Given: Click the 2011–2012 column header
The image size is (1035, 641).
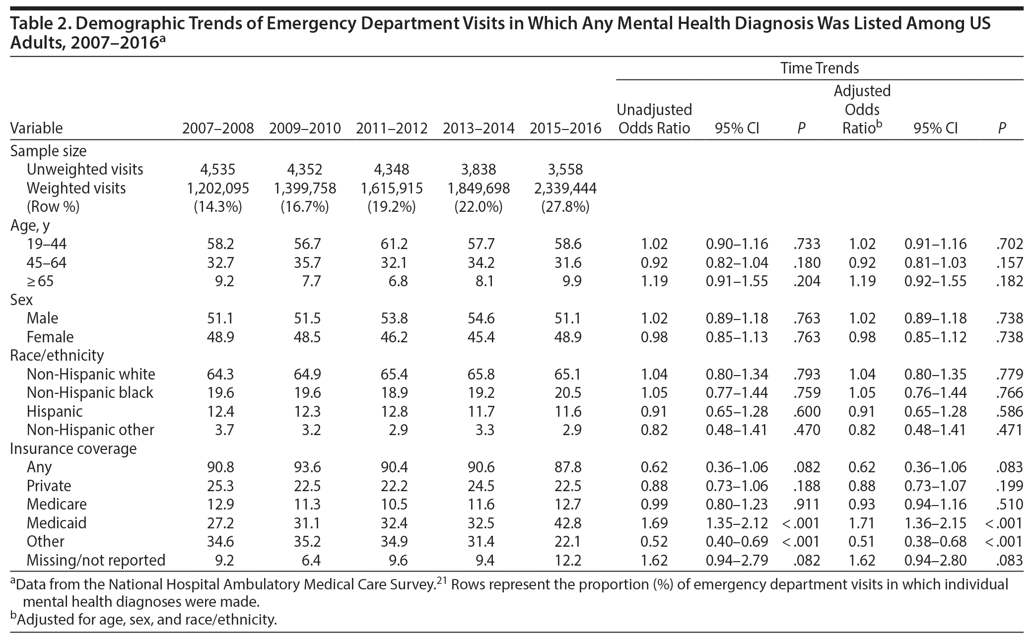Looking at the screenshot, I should point(391,128).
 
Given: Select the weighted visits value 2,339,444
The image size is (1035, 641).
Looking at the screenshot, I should point(565,188).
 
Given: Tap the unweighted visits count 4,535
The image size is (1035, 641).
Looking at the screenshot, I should point(217,169).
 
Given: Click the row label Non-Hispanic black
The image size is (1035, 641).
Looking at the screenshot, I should point(90,392).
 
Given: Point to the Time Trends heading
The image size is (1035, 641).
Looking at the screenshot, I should point(820,68).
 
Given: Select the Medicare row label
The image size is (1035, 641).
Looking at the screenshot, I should point(57,504).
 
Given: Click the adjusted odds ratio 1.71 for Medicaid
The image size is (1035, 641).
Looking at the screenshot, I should point(863,522).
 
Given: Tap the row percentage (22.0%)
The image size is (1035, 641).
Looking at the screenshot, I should point(478,206).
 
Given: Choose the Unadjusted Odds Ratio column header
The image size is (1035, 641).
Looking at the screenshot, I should point(654,119).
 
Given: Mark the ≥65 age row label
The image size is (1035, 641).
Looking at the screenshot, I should point(40,281).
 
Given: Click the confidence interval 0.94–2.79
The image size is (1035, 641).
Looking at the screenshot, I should point(737,560).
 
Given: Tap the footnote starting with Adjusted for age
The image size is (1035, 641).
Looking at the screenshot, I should point(144,619).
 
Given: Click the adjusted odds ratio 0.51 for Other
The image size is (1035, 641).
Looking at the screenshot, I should point(863,541).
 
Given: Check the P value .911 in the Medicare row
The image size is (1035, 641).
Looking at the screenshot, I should point(807,504).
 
